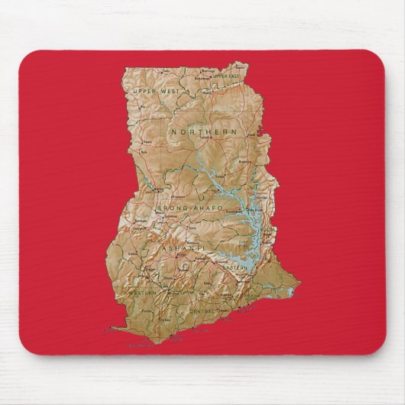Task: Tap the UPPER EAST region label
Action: tap(226, 76)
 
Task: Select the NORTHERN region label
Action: tap(204, 132)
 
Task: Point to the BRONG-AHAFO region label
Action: tap(190, 208)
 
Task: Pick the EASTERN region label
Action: tap(234, 269)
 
